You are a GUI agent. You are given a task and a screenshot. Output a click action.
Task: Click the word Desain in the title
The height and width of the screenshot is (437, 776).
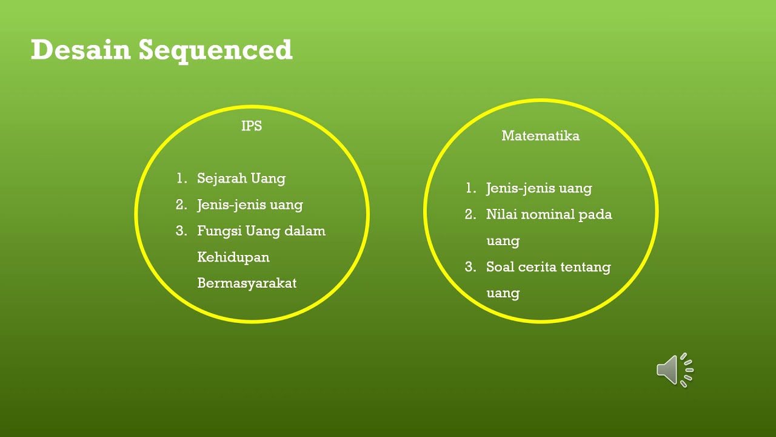tap(81, 50)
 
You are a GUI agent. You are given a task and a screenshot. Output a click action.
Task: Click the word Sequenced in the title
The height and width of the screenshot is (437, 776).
tap(215, 51)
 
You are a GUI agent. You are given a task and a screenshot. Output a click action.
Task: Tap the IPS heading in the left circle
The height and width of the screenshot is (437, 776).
tap(252, 126)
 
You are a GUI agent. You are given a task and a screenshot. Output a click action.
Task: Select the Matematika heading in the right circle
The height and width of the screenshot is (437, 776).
tap(540, 136)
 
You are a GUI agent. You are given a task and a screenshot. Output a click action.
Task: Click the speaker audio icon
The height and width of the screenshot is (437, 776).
tap(673, 369)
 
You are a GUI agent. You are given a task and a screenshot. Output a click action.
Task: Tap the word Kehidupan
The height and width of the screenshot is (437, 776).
tap(233, 257)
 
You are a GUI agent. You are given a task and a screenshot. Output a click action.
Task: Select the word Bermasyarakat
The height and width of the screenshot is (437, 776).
tap(247, 283)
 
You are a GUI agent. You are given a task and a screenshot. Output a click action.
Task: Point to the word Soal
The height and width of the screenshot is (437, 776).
tap(500, 267)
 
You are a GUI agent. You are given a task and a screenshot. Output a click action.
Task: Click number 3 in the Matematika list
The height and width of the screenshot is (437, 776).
tap(470, 267)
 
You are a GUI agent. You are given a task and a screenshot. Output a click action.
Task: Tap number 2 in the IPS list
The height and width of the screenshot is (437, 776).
tap(181, 205)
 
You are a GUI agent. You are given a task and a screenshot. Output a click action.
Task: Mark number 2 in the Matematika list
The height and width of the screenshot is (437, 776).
tap(470, 214)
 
